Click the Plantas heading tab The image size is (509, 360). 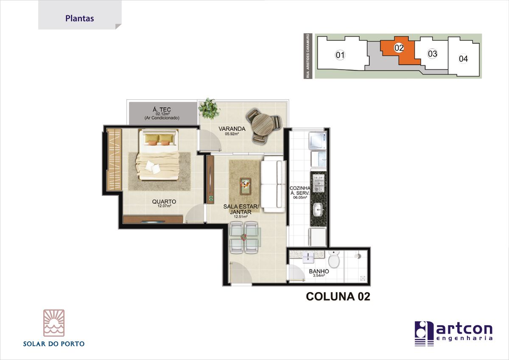coord(80,18)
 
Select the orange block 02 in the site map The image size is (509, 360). coord(398,50)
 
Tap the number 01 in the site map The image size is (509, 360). coord(340,55)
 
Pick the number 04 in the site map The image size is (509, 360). coord(463,59)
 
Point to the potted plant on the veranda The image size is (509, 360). coord(209,109)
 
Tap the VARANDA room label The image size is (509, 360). coord(232,129)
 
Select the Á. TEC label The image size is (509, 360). coord(162,109)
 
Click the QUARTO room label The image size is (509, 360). coord(164,201)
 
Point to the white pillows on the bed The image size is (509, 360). coord(153,167)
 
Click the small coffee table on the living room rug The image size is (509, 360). coord(246,186)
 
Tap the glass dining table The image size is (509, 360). coord(244,237)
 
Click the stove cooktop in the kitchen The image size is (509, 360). coord(319,183)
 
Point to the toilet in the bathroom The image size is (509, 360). coord(334,259)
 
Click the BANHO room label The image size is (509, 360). coord(319,271)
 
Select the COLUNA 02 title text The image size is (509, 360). coord(338,296)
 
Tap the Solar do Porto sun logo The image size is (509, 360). coord(54,323)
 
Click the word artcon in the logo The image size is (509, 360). coord(464,329)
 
